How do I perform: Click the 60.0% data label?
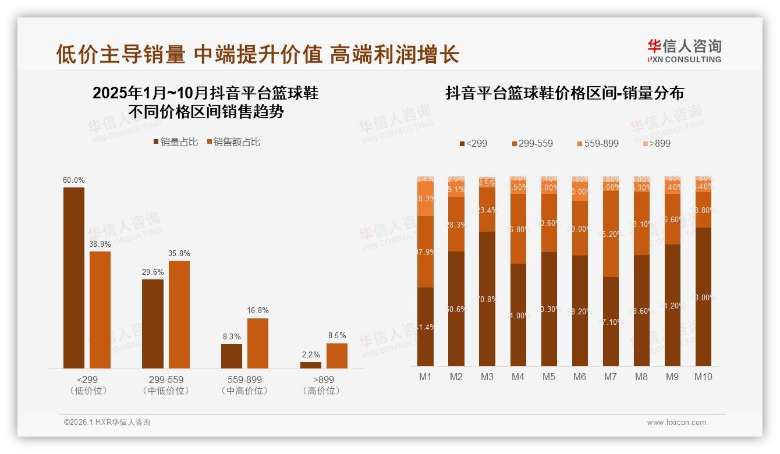tap(73, 180)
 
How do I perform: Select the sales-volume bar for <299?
tap(74, 278)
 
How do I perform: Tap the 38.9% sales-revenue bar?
tap(100, 310)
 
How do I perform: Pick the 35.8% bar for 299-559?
tap(179, 314)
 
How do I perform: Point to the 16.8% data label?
tap(258, 311)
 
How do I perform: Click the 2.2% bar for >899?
tap(311, 365)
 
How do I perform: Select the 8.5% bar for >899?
tap(337, 356)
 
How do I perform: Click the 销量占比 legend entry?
tap(175, 142)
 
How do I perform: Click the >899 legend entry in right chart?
tap(656, 143)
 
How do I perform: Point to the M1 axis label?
tap(426, 377)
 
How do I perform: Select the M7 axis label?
tap(610, 377)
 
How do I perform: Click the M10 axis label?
tap(703, 377)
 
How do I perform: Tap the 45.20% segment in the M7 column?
tap(611, 233)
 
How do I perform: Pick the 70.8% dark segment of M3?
tap(487, 299)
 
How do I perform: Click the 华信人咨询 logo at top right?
tap(684, 51)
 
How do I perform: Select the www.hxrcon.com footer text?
tap(676, 423)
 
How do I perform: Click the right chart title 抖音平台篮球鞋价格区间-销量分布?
tap(564, 93)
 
